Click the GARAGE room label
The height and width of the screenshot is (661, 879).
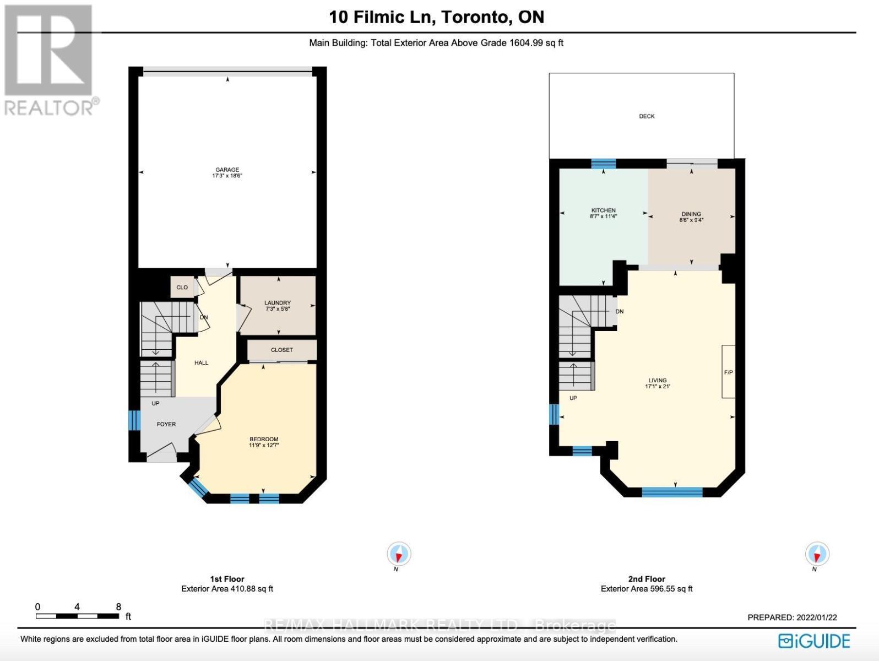(227, 170)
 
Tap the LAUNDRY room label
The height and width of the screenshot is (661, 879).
(277, 303)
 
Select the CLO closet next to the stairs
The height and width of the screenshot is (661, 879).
(182, 288)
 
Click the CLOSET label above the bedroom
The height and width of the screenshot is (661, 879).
(282, 350)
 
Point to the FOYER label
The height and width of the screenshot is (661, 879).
(166, 424)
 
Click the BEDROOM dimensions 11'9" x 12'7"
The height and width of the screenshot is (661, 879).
(264, 446)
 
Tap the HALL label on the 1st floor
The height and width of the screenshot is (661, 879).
(201, 362)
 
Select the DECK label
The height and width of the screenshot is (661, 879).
(647, 116)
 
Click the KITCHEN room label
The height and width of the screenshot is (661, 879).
(603, 210)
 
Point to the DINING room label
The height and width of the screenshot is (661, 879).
(691, 214)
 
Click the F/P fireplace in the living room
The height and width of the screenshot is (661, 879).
(728, 372)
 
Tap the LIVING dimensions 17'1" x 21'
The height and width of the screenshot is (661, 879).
(658, 387)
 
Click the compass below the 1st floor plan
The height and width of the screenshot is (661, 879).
(399, 554)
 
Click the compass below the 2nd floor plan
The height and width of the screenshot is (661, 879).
(817, 554)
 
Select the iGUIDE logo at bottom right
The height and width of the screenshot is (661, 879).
(814, 641)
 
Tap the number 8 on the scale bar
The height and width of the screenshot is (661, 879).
(118, 607)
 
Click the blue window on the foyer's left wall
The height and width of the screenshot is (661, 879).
(132, 420)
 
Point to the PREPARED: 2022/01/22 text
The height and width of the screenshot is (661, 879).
(792, 617)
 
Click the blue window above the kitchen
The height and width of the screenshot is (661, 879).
(604, 163)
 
